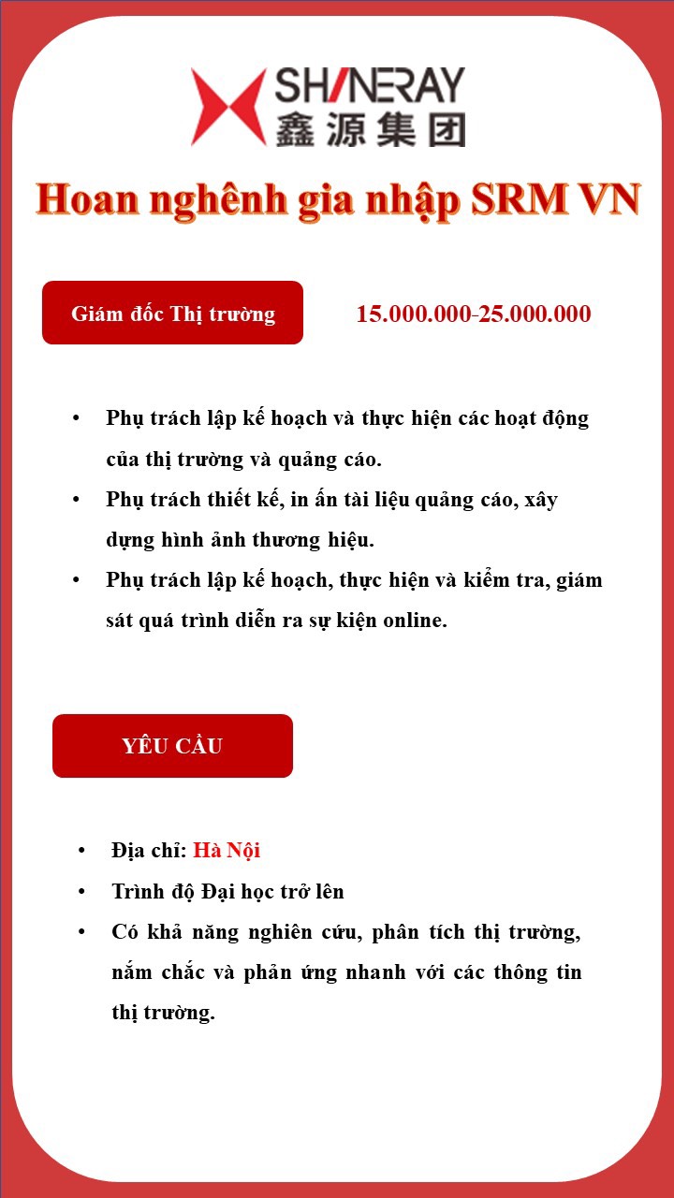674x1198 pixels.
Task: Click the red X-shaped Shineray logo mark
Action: (x=227, y=107)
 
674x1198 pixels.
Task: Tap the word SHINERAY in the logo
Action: (x=369, y=86)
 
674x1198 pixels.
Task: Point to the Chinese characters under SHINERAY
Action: (x=369, y=129)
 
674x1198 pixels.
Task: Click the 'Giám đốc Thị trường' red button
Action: (x=173, y=314)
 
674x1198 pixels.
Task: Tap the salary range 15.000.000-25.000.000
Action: (x=474, y=314)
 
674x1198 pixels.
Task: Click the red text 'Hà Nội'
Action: (x=227, y=851)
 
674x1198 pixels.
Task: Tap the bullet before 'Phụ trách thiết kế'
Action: (x=77, y=500)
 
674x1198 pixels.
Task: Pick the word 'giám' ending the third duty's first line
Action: (x=579, y=580)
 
